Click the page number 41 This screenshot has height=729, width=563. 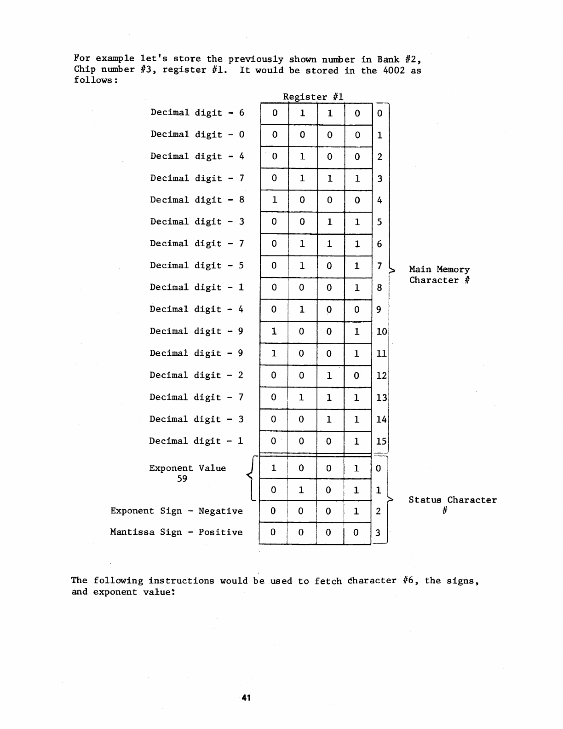tap(246, 698)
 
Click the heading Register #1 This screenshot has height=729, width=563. tap(313, 97)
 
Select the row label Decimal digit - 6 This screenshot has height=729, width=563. tap(197, 113)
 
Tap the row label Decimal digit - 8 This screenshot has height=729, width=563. tap(197, 200)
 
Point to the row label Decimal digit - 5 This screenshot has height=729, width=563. tap(196, 266)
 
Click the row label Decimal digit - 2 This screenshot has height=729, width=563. tap(196, 375)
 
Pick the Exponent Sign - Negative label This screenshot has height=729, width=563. tap(176, 511)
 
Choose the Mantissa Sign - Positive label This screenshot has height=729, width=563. tap(176, 532)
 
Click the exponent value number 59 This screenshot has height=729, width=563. tap(182, 479)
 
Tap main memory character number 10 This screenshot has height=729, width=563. tap(382, 331)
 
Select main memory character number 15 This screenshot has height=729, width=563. tap(381, 441)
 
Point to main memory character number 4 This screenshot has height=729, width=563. tap(379, 200)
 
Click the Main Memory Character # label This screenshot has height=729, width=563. tap(439, 275)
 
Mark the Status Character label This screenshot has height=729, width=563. tap(453, 500)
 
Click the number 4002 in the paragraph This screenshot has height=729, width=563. tap(394, 70)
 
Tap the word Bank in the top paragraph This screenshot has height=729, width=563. tap(388, 59)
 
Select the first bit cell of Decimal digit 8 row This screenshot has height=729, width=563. tap(275, 200)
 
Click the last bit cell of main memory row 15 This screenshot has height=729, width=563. tap(357, 441)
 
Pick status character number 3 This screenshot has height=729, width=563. tap(378, 533)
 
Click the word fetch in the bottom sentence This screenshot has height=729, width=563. tap(328, 581)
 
